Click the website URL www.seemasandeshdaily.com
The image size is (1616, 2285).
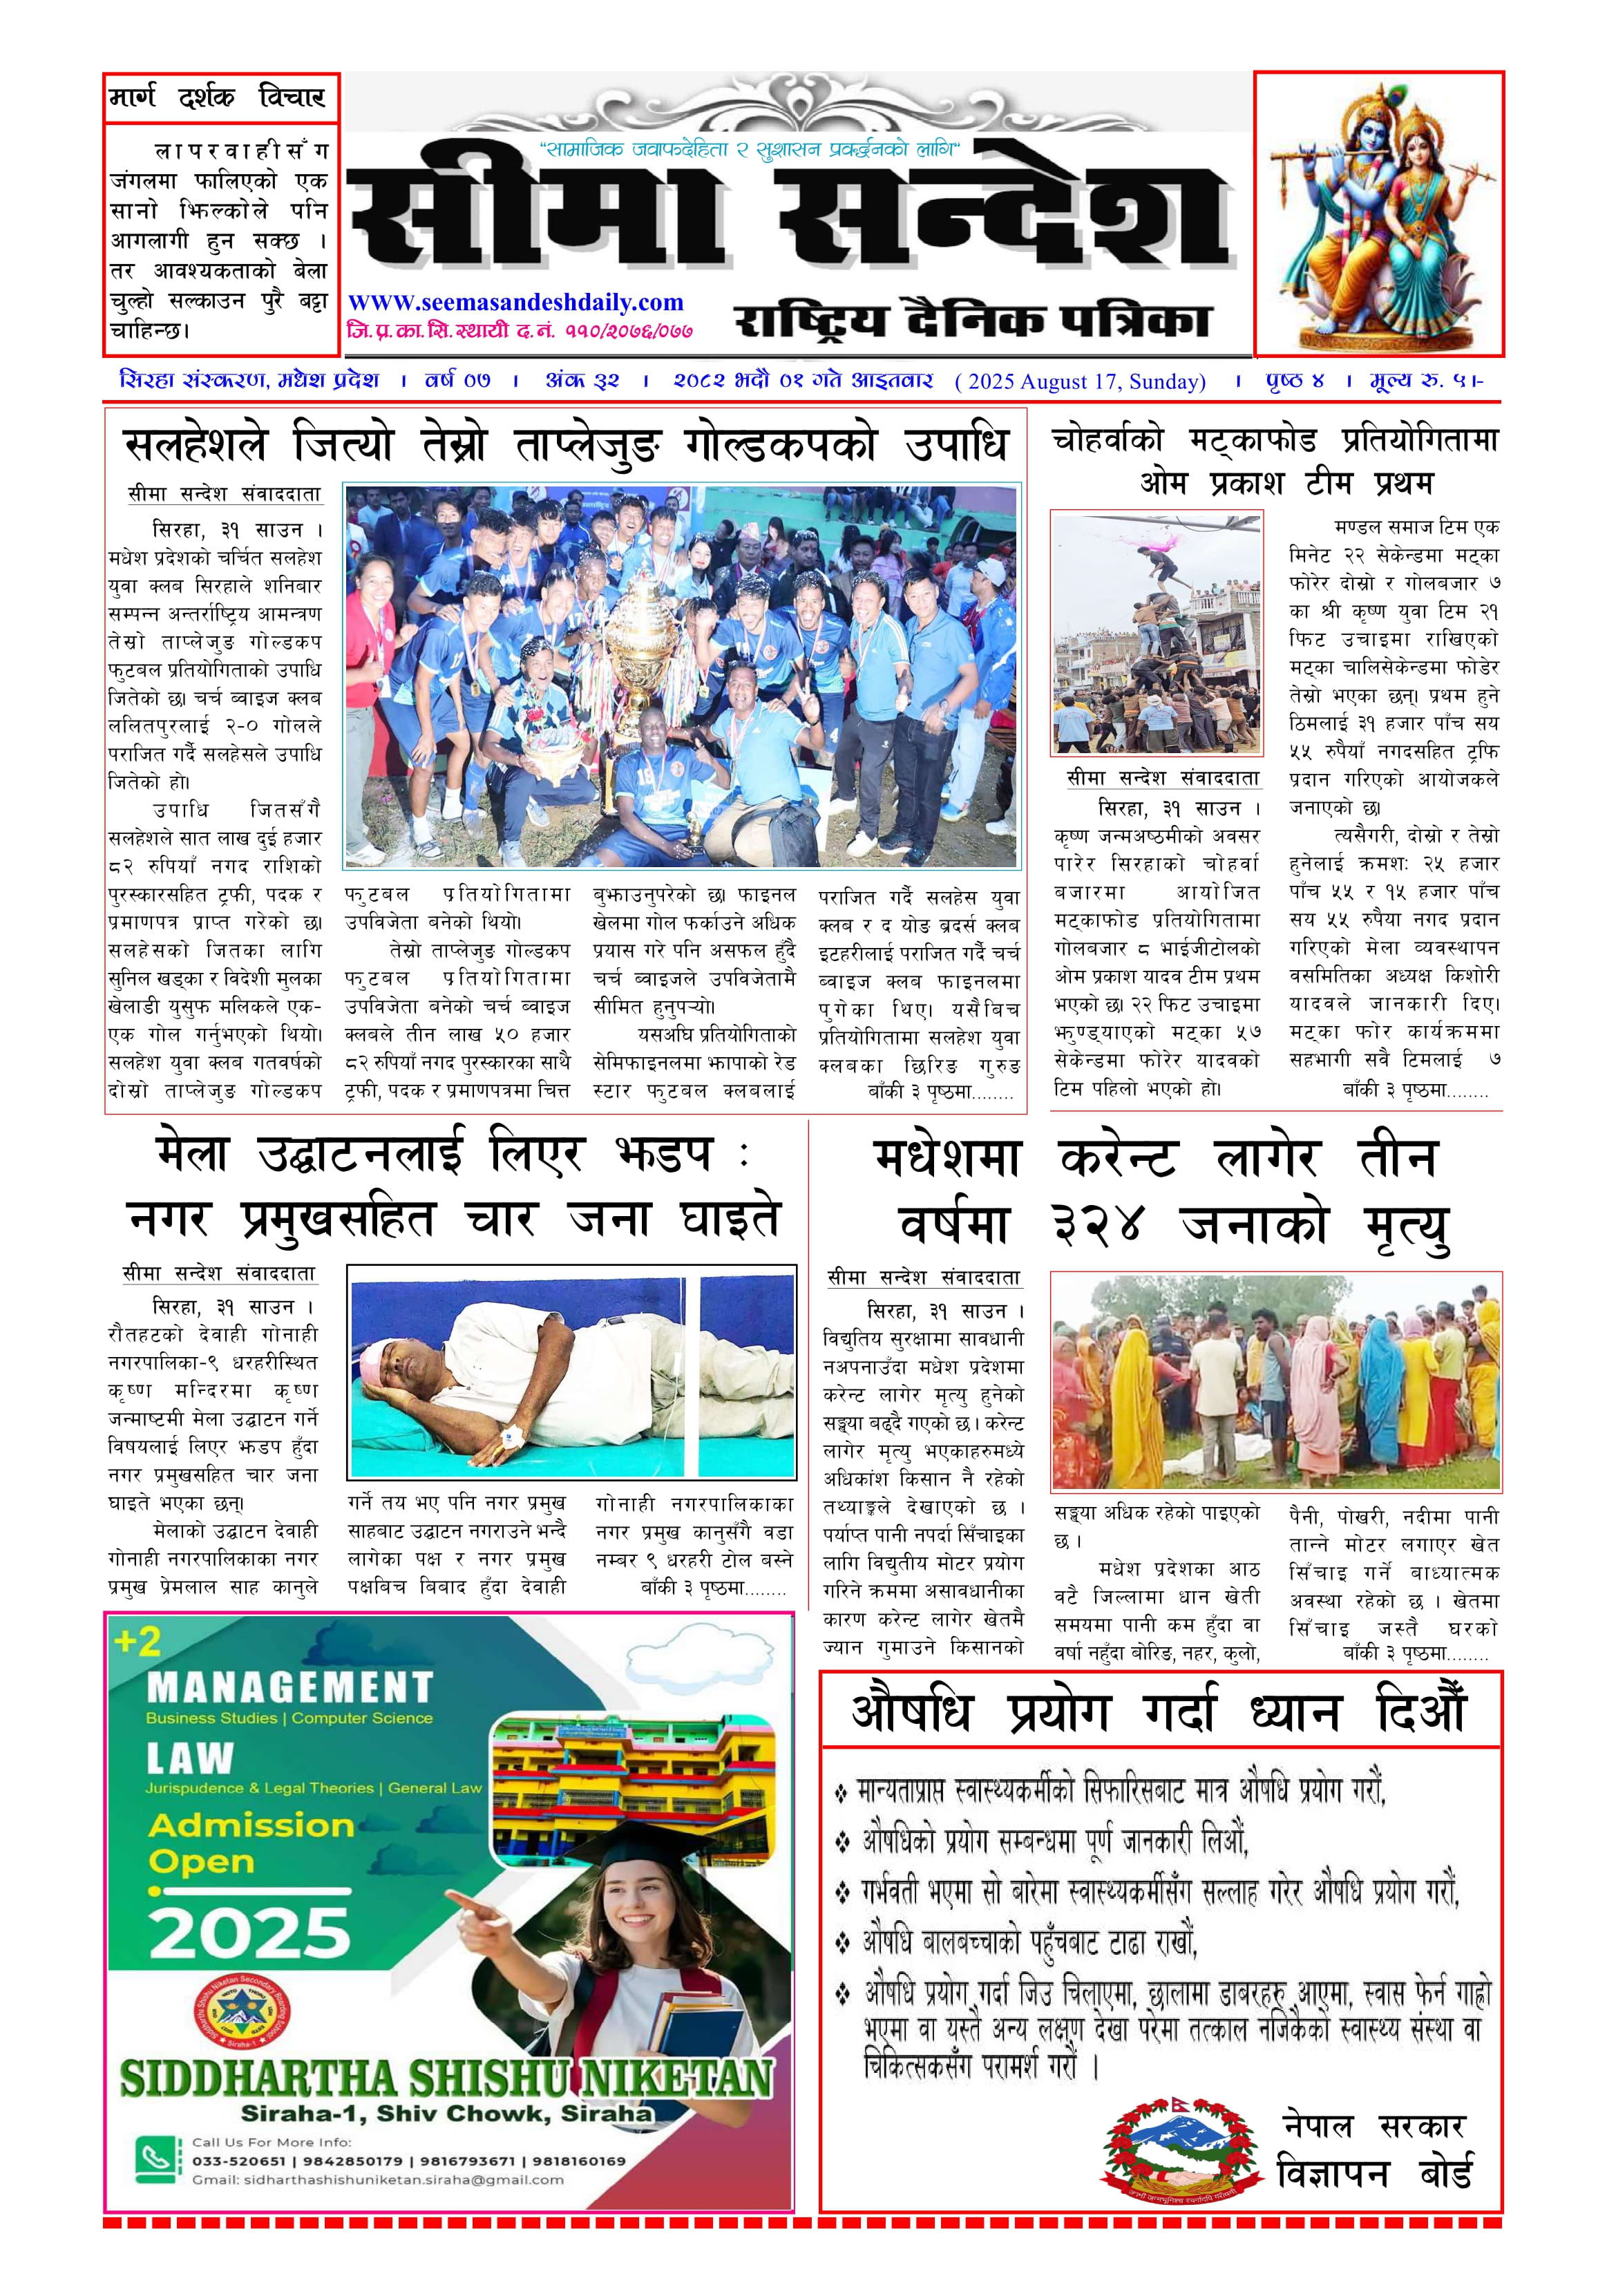coord(515,303)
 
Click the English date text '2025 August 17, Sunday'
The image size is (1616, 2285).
coord(1081,381)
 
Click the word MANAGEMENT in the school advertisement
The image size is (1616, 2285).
coord(289,1688)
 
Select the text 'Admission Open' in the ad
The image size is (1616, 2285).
coord(250,1842)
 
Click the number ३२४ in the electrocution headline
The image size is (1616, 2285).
coord(1101,1223)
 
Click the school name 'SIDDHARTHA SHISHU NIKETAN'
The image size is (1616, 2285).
coord(446,2078)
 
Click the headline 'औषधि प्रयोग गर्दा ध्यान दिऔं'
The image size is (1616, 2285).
coord(1159,1709)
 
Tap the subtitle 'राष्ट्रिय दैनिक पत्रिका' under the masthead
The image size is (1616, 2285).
coord(971,321)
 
